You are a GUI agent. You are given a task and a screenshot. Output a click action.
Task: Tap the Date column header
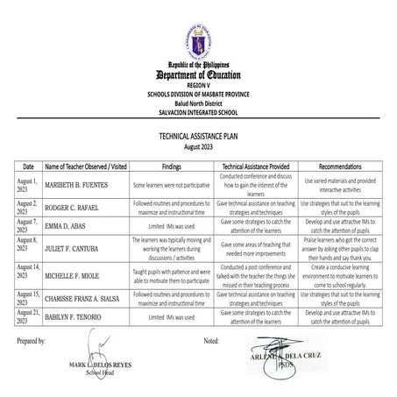click(28, 166)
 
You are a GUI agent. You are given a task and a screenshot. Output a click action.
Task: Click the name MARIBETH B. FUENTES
click(79, 185)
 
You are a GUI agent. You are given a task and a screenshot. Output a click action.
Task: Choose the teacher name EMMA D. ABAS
click(67, 225)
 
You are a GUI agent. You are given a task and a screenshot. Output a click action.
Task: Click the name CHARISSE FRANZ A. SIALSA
click(87, 297)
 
